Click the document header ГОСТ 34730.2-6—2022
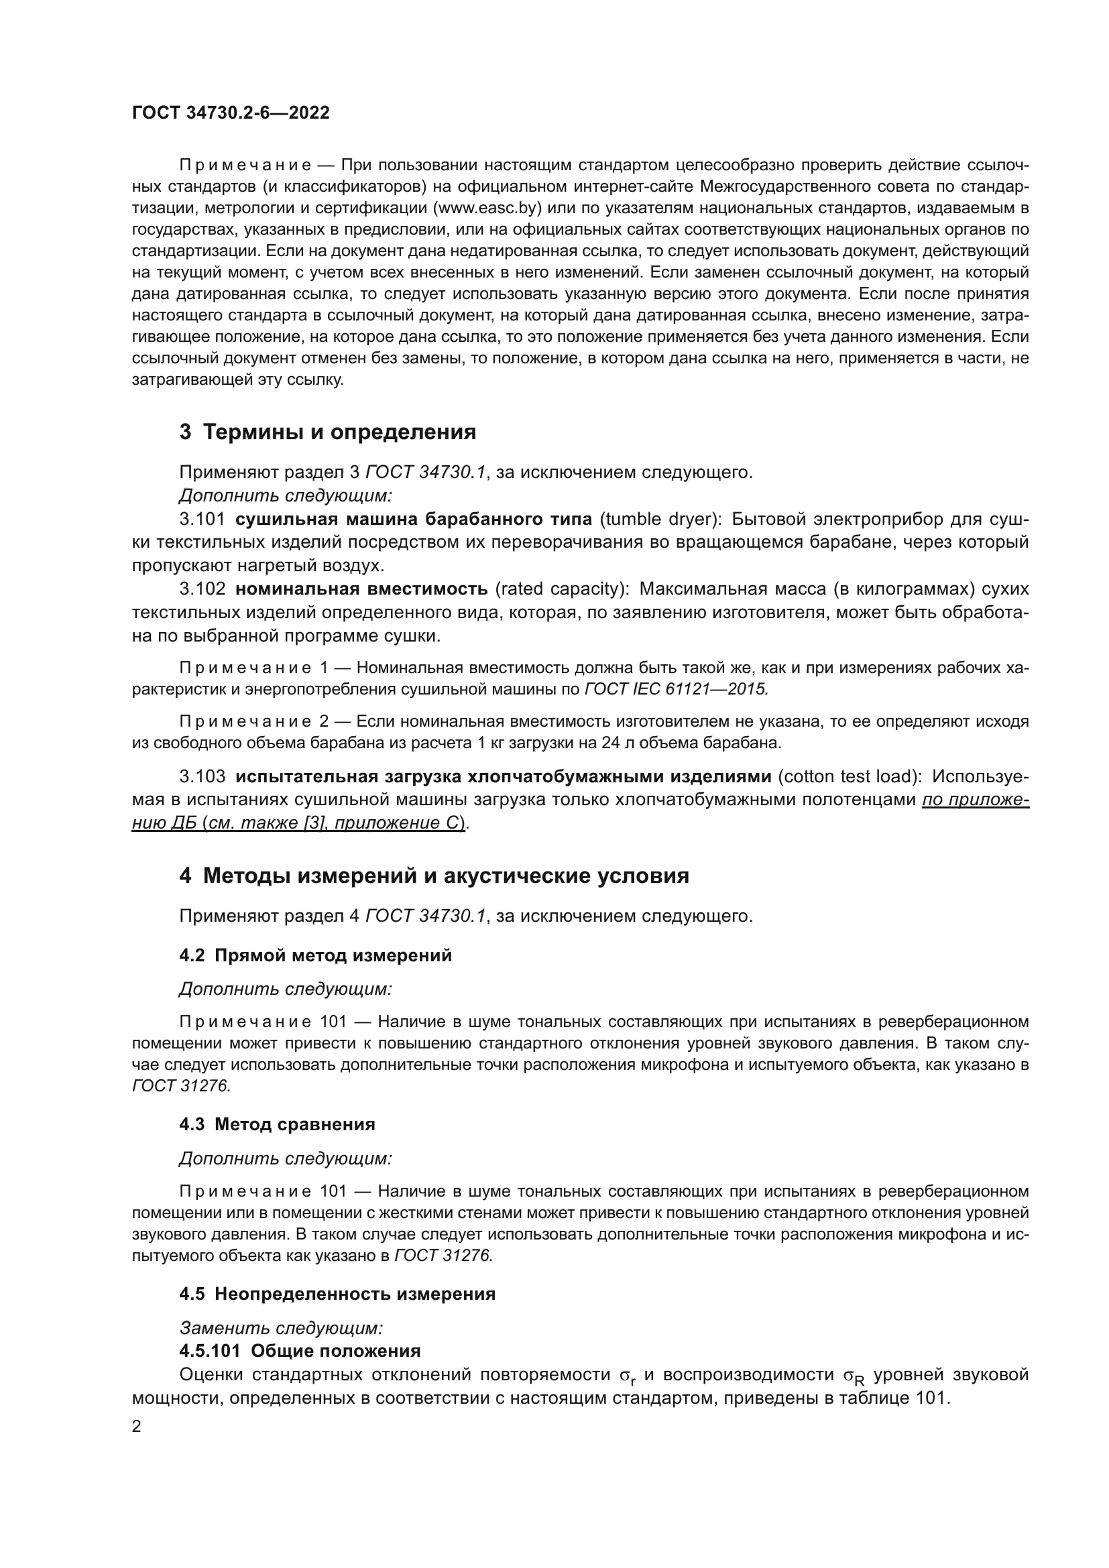[230, 113]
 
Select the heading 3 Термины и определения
[327, 432]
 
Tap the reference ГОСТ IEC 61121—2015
[676, 689]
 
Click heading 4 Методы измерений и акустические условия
[434, 876]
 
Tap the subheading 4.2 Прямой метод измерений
[315, 955]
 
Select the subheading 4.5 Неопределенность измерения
[337, 1293]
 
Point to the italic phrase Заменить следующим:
[281, 1327]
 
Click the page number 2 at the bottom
[136, 1427]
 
